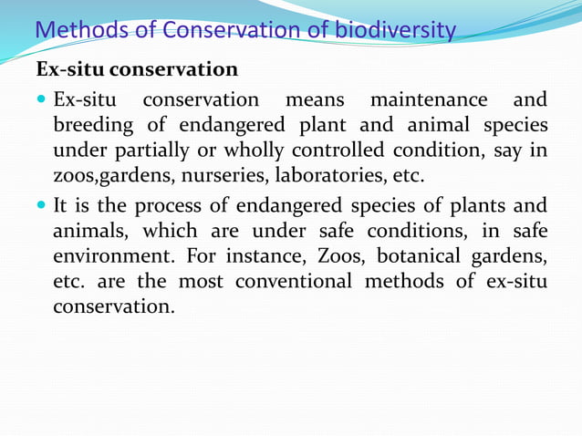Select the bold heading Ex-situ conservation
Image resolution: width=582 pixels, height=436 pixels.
(137, 69)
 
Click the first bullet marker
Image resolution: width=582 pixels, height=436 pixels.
(42, 99)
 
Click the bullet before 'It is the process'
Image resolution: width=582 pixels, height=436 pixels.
(42, 204)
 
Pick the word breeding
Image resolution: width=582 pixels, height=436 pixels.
(92, 124)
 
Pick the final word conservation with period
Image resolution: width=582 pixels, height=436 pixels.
(113, 306)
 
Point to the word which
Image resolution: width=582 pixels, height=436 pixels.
(164, 230)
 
